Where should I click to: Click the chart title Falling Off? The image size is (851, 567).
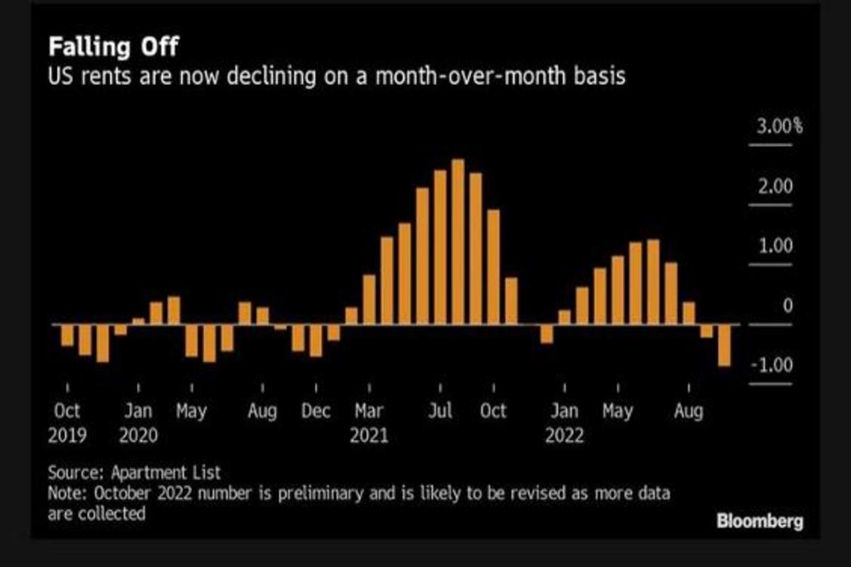pos(113,48)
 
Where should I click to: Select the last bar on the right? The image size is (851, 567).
pos(724,345)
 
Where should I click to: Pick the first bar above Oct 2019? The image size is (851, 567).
pos(67,336)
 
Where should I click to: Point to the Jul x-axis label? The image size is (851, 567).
pos(440,412)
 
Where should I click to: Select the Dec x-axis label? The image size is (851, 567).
pos(316,412)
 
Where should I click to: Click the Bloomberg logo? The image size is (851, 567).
pos(760,522)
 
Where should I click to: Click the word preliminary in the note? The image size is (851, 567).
pos(311,493)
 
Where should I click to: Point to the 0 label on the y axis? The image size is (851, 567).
pos(787,306)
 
